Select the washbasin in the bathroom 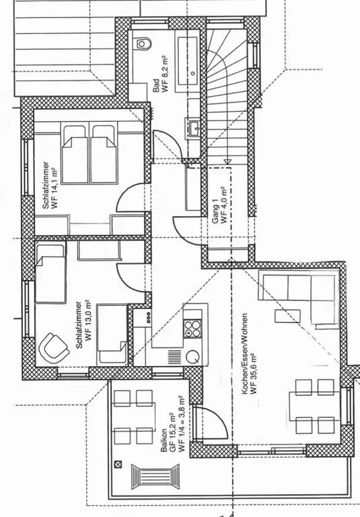click(194, 128)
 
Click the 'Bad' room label click(156, 85)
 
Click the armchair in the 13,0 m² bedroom click(54, 348)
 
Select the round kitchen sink click(192, 357)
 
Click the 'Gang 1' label click(215, 215)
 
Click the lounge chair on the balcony click(155, 476)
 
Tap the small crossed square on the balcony click(118, 464)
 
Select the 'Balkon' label click(164, 440)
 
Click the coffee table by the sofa click(287, 316)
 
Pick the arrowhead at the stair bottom click(227, 162)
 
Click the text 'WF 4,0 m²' click(224, 205)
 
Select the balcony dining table click(135, 417)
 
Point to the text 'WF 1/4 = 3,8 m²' click(181, 423)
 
